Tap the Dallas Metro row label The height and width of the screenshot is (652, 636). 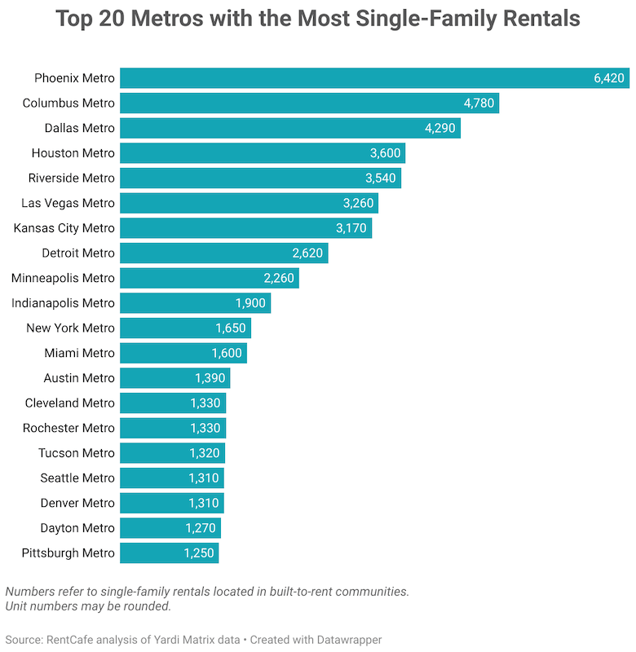click(x=80, y=128)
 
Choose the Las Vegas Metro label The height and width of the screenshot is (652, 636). click(x=68, y=203)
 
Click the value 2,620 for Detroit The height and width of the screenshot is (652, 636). click(x=307, y=253)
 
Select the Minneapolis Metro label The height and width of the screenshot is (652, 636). click(x=64, y=278)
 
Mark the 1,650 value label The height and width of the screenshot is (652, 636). click(x=231, y=328)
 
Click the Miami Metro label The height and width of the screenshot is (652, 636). click(x=80, y=353)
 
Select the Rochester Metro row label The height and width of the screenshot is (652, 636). click(x=68, y=428)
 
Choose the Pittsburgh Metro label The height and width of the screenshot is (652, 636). click(x=68, y=553)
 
